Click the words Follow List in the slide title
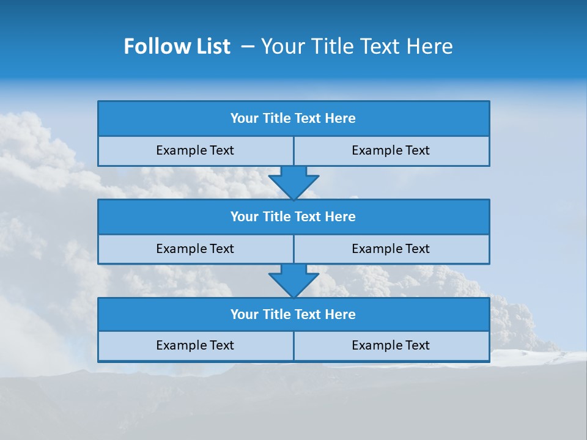[177, 46]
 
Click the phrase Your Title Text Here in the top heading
[356, 46]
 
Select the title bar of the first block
[293, 119]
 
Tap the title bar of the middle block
[293, 216]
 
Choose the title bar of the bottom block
[293, 314]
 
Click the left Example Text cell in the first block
[195, 150]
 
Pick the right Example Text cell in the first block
[391, 150]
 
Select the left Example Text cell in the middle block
[195, 249]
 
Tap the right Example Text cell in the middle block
[391, 249]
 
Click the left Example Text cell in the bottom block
[195, 345]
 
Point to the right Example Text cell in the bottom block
[391, 345]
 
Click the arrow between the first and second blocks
[293, 182]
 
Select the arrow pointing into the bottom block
[293, 280]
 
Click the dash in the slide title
[248, 46]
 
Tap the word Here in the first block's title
[340, 119]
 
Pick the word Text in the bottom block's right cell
[418, 345]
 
